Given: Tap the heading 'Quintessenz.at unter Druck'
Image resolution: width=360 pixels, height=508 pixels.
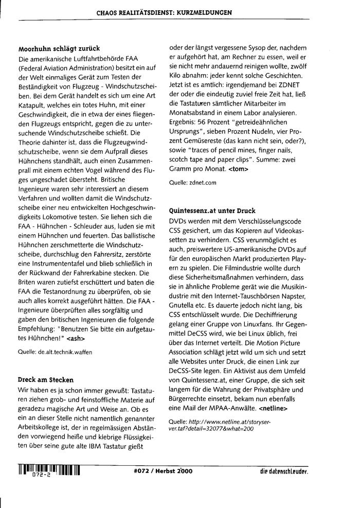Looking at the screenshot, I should (212, 211).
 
